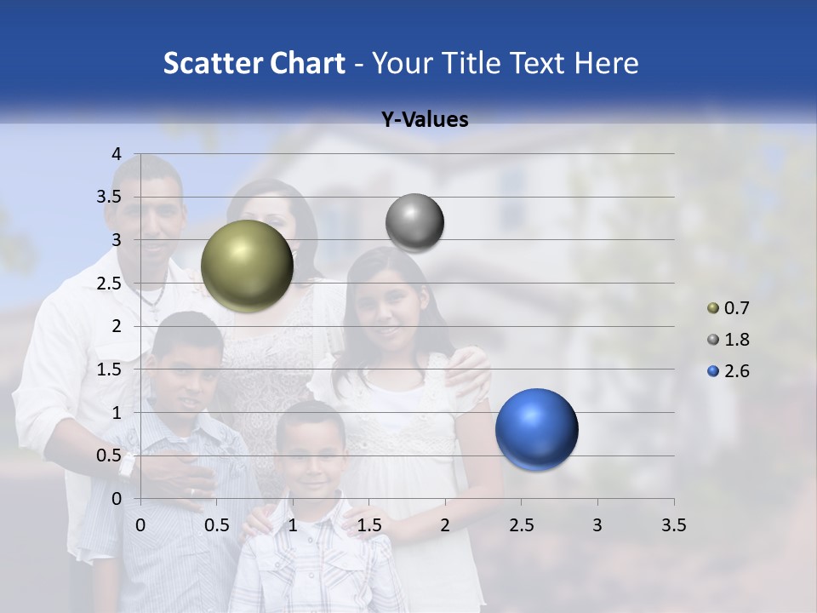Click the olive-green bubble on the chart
pyautogui.click(x=248, y=266)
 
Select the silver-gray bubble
pyautogui.click(x=414, y=222)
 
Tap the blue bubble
pyautogui.click(x=536, y=429)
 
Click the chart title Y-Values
pyautogui.click(x=425, y=120)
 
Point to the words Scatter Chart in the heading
pyautogui.click(x=254, y=63)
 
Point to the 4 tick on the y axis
pyautogui.click(x=117, y=153)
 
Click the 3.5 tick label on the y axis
pyautogui.click(x=111, y=197)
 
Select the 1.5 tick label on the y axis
pyautogui.click(x=111, y=370)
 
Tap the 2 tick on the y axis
pyautogui.click(x=117, y=326)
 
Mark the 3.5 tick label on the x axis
pyautogui.click(x=673, y=526)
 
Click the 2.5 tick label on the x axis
pyautogui.click(x=521, y=526)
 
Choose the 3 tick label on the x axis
pyautogui.click(x=597, y=526)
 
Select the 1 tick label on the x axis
pyautogui.click(x=293, y=526)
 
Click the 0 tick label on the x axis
pyautogui.click(x=140, y=526)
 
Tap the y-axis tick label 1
pyautogui.click(x=117, y=413)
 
